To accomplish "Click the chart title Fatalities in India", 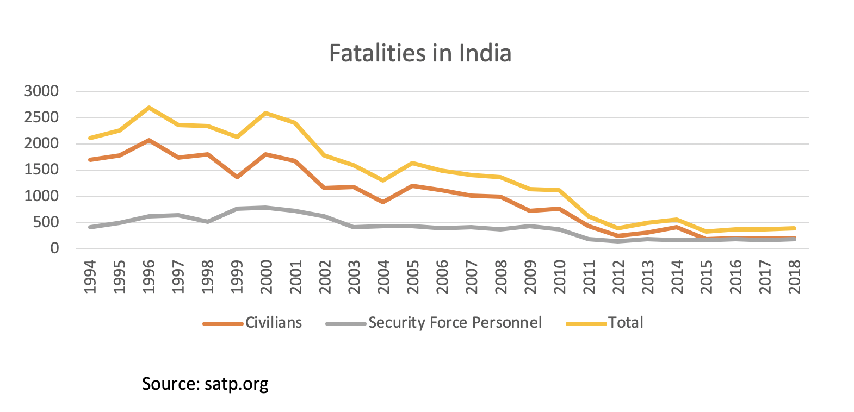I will point(420,53).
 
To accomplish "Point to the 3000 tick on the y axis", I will point(41,91).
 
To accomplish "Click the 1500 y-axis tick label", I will point(41,170).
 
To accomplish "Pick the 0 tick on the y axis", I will point(54,248).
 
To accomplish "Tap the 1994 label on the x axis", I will point(90,277).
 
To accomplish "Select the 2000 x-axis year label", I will point(267,277).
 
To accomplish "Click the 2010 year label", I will point(560,277).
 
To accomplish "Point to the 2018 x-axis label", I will point(795,277).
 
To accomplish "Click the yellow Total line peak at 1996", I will point(149,108).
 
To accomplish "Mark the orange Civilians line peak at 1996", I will point(149,140).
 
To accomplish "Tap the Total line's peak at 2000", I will point(267,113).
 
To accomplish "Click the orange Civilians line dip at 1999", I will point(237,177).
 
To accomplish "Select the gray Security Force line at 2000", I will point(267,208).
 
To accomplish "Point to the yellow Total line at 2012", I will point(619,228).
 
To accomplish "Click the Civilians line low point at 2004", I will point(384,202).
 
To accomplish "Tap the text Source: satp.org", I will point(205,384).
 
